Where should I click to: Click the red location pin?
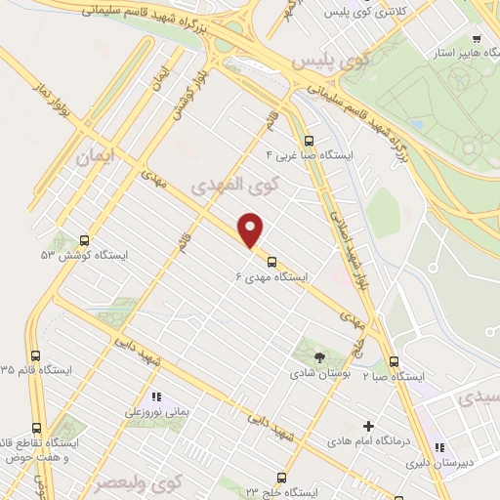(x=252, y=230)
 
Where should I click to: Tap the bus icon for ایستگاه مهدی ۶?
(x=271, y=262)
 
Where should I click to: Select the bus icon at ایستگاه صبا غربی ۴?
(x=310, y=140)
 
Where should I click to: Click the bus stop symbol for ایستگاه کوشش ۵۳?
(x=84, y=239)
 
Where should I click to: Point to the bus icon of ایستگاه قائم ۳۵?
(x=37, y=356)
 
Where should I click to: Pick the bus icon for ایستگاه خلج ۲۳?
(x=282, y=479)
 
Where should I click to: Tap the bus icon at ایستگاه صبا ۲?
(x=394, y=360)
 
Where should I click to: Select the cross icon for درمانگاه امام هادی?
(x=368, y=426)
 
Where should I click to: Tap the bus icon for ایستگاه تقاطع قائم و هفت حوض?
(x=37, y=428)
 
